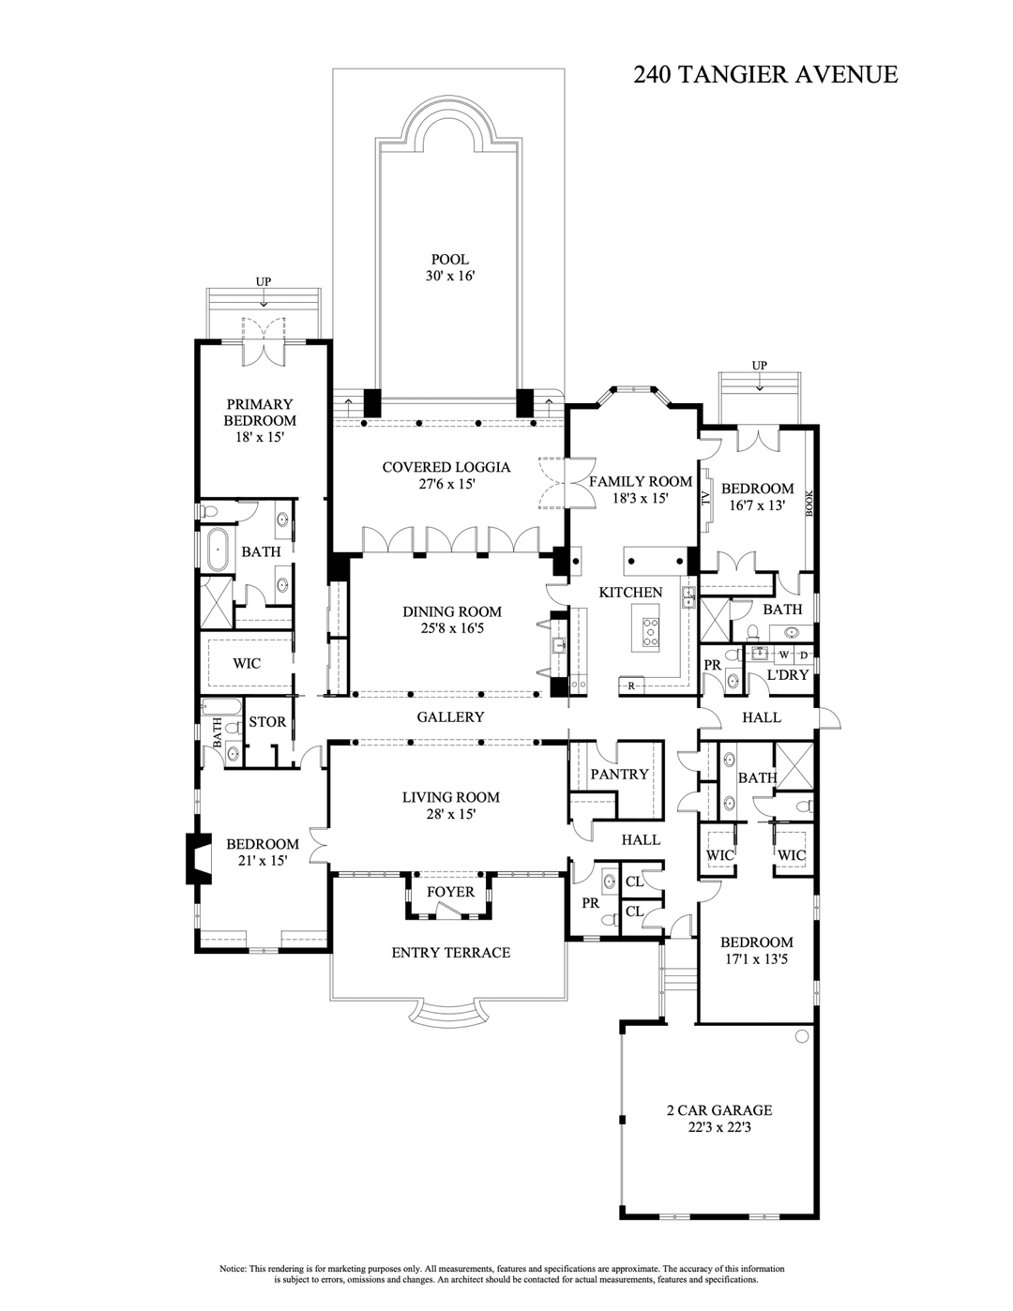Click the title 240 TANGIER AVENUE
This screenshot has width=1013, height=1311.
tap(765, 75)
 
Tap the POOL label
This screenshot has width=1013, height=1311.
tap(449, 260)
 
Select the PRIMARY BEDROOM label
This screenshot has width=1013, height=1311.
tap(260, 413)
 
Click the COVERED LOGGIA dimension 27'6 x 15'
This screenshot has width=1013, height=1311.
tap(446, 485)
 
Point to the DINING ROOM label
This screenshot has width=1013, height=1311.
tap(452, 611)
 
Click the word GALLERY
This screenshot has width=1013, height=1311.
tap(450, 716)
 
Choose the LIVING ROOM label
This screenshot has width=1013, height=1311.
tap(450, 797)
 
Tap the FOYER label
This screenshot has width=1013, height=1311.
tap(450, 892)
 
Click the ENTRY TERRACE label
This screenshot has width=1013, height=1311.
tap(450, 953)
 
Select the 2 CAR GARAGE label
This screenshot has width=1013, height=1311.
tap(719, 1110)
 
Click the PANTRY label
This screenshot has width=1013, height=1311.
tap(619, 774)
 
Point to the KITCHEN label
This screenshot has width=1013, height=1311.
tap(630, 593)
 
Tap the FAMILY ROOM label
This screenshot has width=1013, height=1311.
tap(640, 482)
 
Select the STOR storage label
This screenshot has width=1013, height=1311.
tap(266, 722)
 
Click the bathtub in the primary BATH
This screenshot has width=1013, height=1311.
tap(216, 550)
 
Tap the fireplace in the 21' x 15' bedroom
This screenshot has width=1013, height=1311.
tap(199, 858)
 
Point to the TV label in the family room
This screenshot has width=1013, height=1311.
tap(705, 499)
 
